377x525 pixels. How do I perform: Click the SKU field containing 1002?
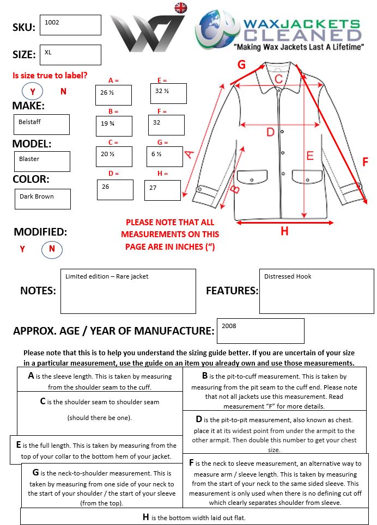coord(70,25)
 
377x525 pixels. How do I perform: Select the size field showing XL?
coord(70,54)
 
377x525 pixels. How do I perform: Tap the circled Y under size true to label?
coord(33,91)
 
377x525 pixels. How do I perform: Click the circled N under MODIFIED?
coord(52,249)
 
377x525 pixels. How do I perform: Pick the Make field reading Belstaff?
coord(42,124)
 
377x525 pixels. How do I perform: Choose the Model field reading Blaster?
coord(42,161)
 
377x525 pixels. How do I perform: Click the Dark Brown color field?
coord(42,199)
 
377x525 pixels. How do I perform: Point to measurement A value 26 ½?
coord(113,95)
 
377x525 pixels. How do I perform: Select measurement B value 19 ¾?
coord(113,126)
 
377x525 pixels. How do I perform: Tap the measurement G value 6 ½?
coord(164,157)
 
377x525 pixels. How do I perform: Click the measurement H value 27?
coord(162,189)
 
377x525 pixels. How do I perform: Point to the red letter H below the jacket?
coord(284,231)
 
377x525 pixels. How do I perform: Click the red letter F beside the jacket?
coord(365,162)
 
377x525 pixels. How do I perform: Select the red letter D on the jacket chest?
coord(270,132)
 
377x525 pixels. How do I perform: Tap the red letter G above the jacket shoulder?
coord(241,65)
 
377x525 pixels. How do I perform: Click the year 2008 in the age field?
coord(229,326)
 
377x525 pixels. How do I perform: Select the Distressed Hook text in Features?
coord(288,276)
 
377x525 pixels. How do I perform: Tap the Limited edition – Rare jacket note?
coord(107,276)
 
